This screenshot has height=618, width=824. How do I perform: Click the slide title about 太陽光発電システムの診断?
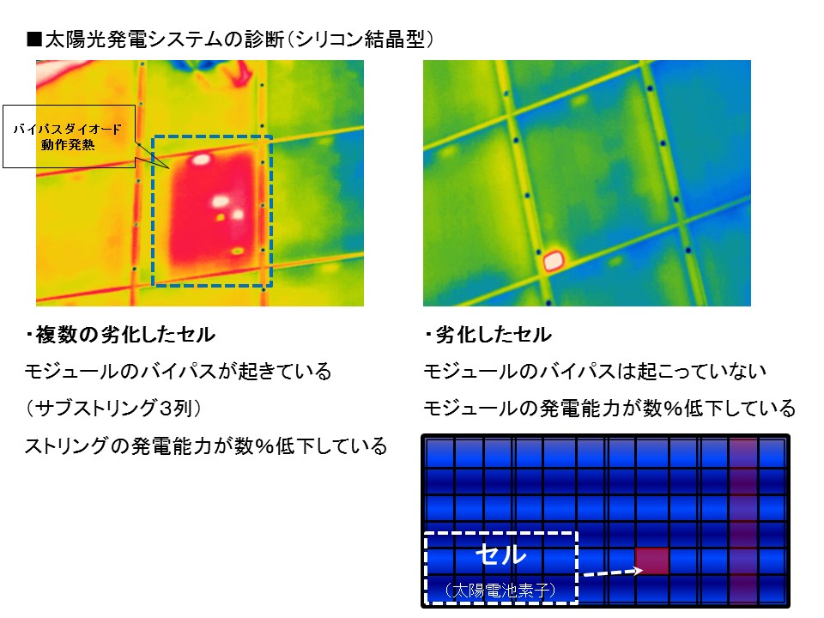230,39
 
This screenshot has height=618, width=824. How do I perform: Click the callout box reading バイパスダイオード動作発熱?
69,136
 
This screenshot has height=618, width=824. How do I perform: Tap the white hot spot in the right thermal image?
554,260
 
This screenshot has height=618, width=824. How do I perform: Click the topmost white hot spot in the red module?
200,160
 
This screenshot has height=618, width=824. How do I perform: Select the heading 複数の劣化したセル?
120,335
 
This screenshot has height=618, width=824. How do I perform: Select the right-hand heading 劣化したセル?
488,335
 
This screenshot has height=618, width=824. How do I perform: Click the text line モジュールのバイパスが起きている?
179,372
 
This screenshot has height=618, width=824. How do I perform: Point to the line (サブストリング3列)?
113,409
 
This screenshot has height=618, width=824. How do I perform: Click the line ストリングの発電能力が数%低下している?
206,445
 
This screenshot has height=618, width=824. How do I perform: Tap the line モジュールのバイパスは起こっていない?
595,372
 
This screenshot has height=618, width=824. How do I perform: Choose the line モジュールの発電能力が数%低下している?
609,409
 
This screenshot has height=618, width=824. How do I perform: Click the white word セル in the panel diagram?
500,554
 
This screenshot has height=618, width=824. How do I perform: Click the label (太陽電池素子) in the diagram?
500,591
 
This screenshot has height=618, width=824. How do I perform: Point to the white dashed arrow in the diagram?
613,572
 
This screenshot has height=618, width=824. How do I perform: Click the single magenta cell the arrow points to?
652,561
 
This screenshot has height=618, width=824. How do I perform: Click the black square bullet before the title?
34,40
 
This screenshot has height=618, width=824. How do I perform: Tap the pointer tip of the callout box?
169,169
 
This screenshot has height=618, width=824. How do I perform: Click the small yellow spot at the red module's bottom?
238,251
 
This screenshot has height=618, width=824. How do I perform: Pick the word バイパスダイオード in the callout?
68,129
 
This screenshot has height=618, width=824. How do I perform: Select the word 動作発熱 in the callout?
68,144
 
